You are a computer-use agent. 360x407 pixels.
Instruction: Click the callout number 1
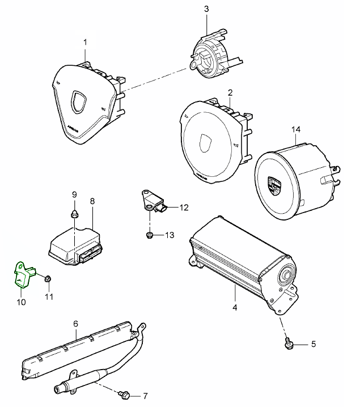[x=85, y=42]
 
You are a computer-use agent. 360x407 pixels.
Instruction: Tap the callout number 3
[x=206, y=9]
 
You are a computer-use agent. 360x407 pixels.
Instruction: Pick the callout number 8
[x=92, y=201]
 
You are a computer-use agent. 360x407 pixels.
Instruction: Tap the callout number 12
[x=184, y=208]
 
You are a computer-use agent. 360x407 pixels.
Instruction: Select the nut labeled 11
[x=49, y=278]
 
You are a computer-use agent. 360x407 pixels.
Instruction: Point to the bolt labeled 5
[x=289, y=344]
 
